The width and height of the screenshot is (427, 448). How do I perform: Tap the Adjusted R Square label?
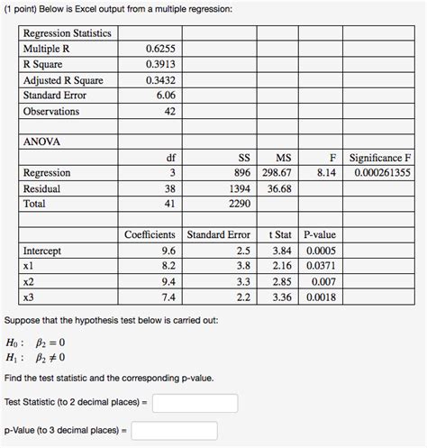[x=64, y=80]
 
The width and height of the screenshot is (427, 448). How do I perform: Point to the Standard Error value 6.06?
[x=164, y=96]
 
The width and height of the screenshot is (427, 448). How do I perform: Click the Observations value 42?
[x=168, y=112]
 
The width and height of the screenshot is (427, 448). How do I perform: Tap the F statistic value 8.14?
[x=327, y=174]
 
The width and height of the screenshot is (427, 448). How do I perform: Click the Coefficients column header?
[x=149, y=235]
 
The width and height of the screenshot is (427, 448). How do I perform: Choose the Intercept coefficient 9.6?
[x=168, y=251]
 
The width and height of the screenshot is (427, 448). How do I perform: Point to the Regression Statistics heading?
[x=68, y=33]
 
